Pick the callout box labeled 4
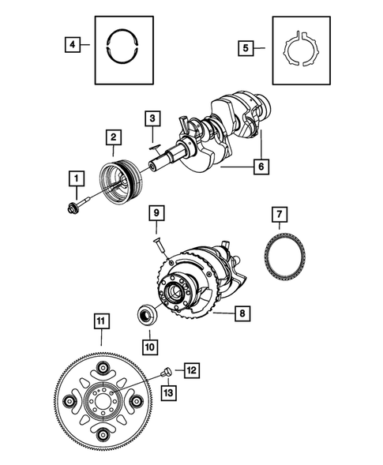[x=73, y=46]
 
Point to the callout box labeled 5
[x=247, y=48]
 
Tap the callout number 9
[x=157, y=213]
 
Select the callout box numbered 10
[x=150, y=345]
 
